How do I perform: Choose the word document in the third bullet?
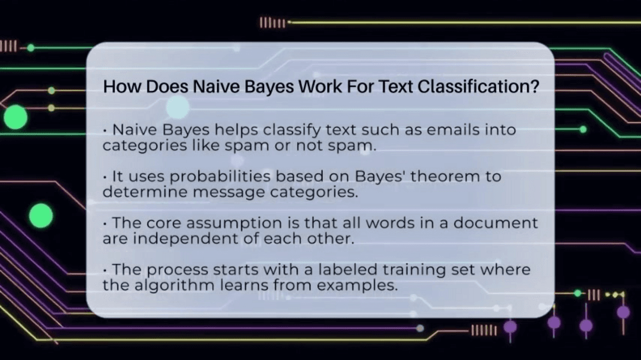[x=497, y=224]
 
